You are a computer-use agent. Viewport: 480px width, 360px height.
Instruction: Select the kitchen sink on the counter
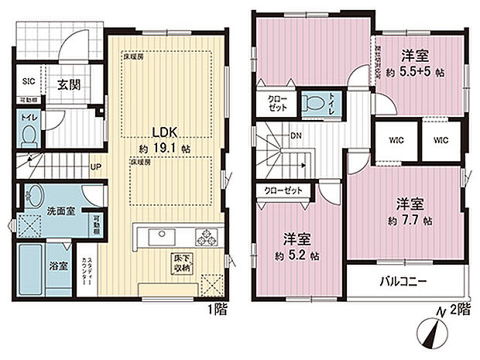[x=157, y=233]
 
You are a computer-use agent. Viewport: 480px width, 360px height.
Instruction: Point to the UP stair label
[x=94, y=166]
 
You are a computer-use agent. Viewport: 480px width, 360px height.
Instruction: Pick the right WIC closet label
[x=441, y=140]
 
